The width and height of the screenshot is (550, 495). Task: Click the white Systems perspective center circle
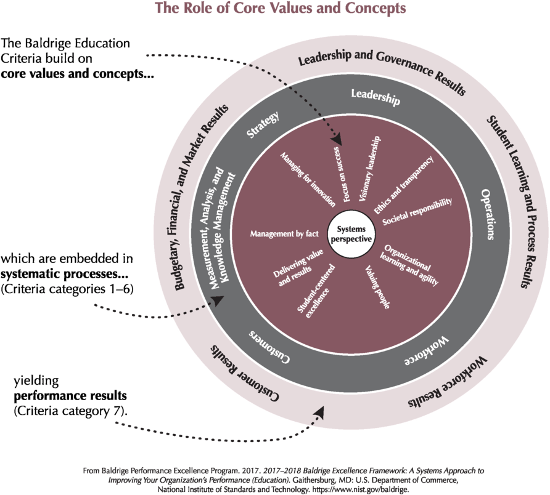(351, 234)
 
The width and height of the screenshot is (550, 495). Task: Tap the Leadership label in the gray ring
(376, 97)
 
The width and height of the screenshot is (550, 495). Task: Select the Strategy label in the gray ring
(263, 124)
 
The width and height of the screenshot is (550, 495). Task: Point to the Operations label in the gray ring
(488, 214)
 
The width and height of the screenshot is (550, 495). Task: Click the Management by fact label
(284, 234)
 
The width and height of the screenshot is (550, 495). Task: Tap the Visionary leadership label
(370, 169)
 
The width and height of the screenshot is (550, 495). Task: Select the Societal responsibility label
(417, 212)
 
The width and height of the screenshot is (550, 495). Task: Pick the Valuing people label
(377, 288)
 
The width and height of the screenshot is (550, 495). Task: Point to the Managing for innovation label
(308, 179)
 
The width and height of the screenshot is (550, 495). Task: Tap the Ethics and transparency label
(404, 185)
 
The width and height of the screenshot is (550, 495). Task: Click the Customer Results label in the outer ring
(245, 372)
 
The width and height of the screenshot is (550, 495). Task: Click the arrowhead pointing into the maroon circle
(337, 140)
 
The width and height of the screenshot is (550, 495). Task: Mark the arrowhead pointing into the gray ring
(218, 300)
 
